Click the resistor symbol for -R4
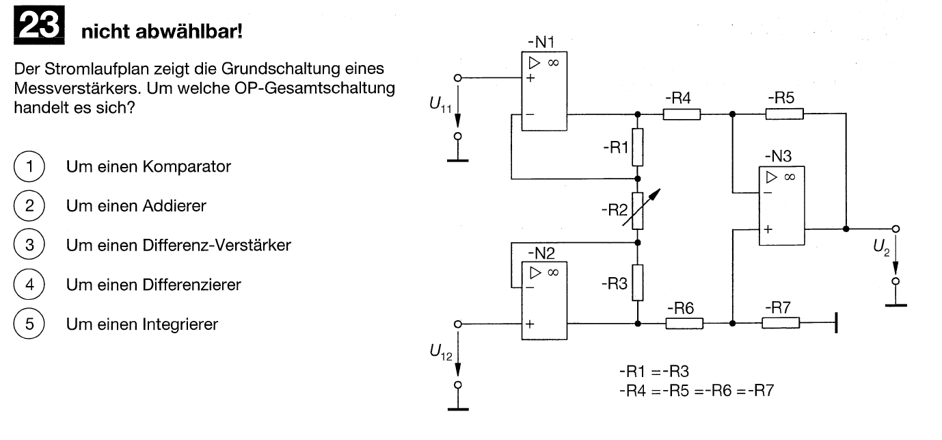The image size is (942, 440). pyautogui.click(x=682, y=114)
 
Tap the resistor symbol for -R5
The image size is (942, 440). pyautogui.click(x=784, y=114)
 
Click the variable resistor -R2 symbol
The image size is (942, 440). pyautogui.click(x=637, y=209)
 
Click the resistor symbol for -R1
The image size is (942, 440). pyautogui.click(x=637, y=147)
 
